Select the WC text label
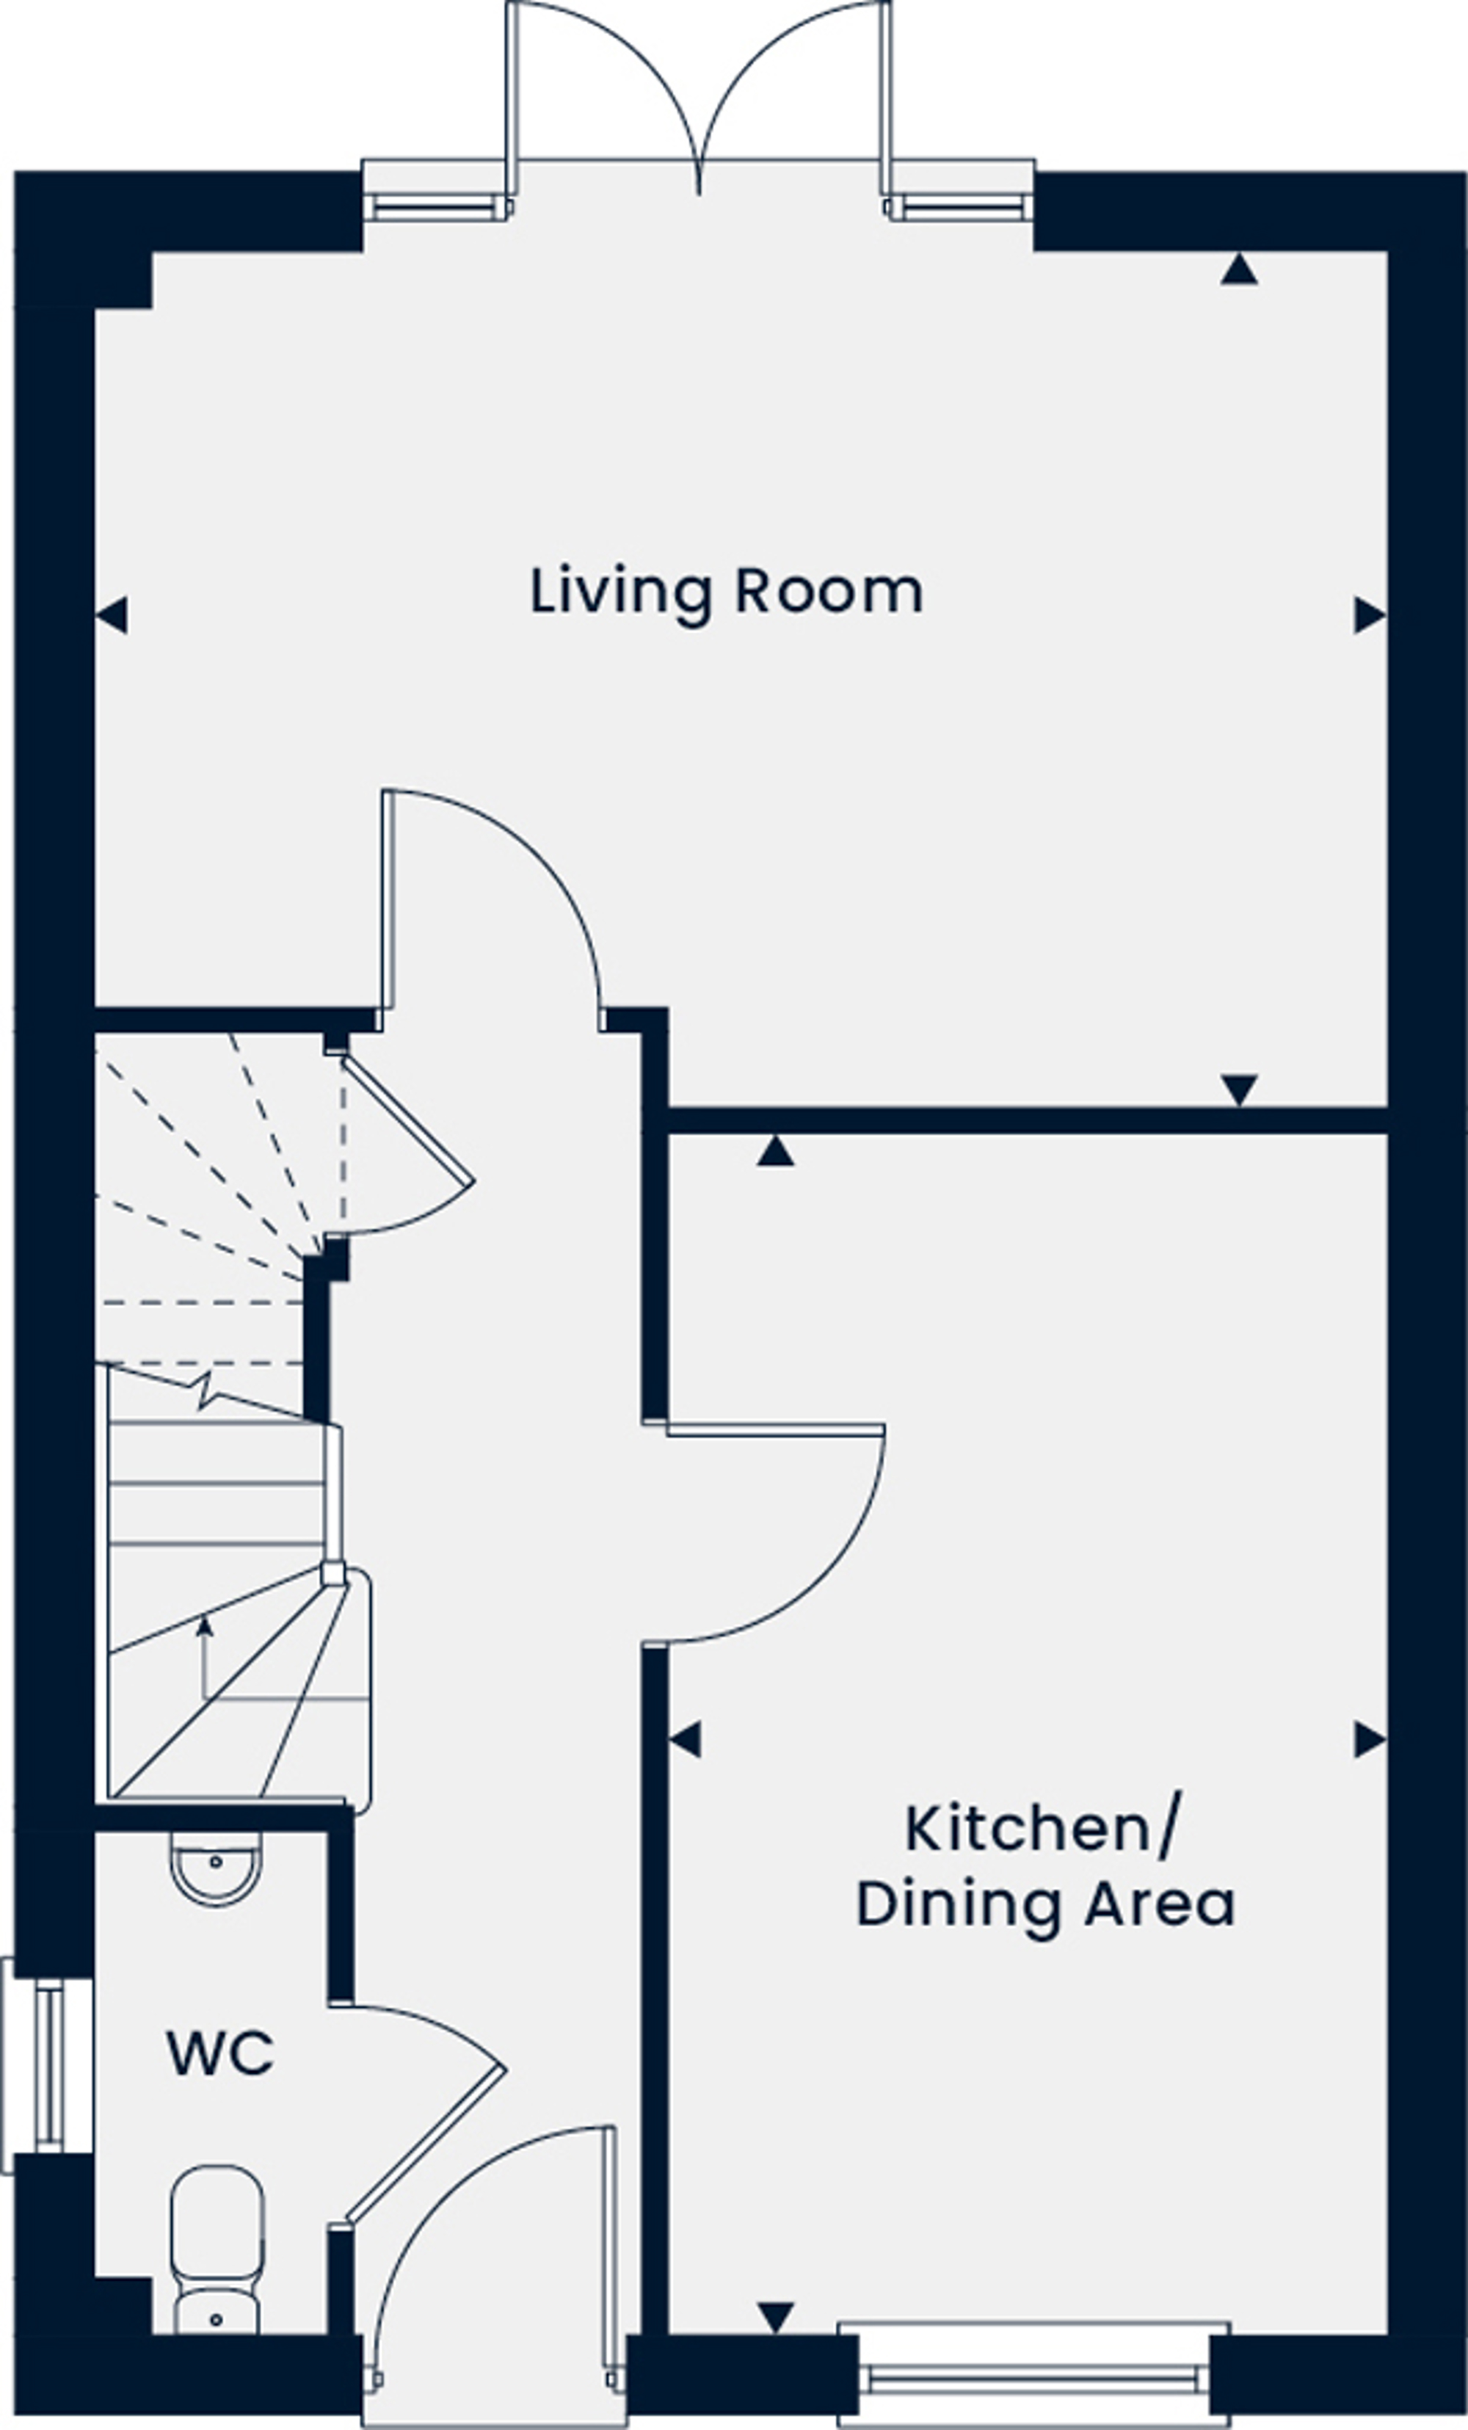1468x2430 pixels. tap(220, 2054)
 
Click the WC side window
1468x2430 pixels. tap(47, 2064)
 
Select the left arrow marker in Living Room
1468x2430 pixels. tap(112, 615)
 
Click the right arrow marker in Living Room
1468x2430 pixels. tap(1370, 615)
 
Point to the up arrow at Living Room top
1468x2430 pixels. tap(1239, 269)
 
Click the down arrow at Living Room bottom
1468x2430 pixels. tap(1239, 1089)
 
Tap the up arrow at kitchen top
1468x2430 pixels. tap(776, 1151)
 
